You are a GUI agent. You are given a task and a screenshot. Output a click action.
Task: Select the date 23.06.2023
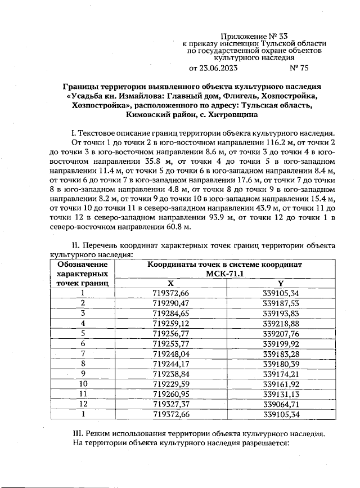[218, 68]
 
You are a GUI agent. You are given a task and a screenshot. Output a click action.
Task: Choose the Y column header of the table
[280, 283]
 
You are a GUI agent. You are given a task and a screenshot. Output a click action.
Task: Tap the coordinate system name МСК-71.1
[225, 274]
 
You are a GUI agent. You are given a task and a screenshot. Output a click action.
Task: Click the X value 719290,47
[171, 303]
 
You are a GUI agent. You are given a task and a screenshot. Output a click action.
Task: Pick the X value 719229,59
[171, 383]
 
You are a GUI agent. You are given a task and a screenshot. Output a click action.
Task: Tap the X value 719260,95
[171, 393]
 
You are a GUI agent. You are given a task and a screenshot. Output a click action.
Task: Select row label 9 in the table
[83, 373]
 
